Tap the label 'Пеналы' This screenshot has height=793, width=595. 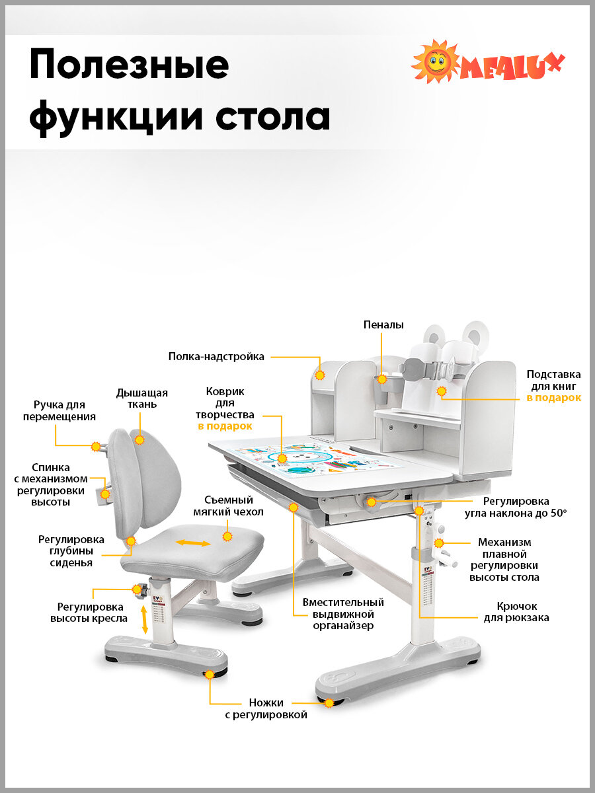pyautogui.click(x=383, y=324)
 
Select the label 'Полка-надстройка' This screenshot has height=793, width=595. pyautogui.click(x=216, y=357)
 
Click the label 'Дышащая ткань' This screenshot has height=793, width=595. pyautogui.click(x=142, y=398)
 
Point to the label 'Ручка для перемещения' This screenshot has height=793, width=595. pyautogui.click(x=59, y=410)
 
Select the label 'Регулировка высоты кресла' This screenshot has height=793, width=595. pyautogui.click(x=90, y=613)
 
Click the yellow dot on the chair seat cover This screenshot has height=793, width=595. pyautogui.click(x=228, y=537)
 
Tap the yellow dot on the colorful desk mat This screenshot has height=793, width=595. pyautogui.click(x=282, y=457)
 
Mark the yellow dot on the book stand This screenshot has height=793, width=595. pyautogui.click(x=442, y=391)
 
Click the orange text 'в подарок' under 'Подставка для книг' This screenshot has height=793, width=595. pyautogui.click(x=554, y=398)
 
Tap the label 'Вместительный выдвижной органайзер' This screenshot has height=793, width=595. pyautogui.click(x=343, y=614)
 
